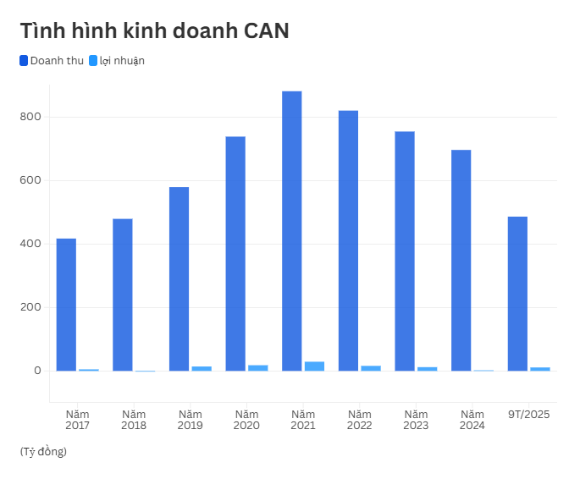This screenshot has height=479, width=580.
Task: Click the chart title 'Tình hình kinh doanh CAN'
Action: pos(154,31)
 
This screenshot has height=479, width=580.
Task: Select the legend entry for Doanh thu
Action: pos(52,61)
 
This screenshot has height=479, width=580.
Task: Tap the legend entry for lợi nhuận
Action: pos(117,61)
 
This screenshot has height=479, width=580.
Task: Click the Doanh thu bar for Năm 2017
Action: pos(66,305)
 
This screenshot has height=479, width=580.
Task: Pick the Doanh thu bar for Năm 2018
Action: pos(123,295)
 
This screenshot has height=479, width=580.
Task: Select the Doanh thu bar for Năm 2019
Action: pos(179,278)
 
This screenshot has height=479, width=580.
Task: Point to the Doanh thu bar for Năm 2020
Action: pos(235,253)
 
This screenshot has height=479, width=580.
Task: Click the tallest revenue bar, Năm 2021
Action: pos(291,230)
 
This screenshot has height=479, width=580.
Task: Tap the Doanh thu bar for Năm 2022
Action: pos(348,240)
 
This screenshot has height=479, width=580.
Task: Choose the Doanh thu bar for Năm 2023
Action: pos(405,251)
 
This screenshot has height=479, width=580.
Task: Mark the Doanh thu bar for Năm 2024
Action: pos(461,260)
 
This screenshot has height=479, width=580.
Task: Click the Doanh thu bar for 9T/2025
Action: pos(517,294)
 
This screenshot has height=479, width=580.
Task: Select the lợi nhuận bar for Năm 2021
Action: pos(315,366)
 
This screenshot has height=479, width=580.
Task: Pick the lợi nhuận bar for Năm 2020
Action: pos(258,368)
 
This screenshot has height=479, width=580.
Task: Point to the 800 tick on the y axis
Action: pos(32,117)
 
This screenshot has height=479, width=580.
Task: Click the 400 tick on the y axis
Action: pos(32,244)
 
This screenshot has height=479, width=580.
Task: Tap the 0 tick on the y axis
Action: pos(38,371)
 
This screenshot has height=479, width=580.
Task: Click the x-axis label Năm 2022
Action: pos(359,420)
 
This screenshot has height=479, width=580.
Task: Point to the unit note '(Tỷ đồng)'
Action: pos(43,451)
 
